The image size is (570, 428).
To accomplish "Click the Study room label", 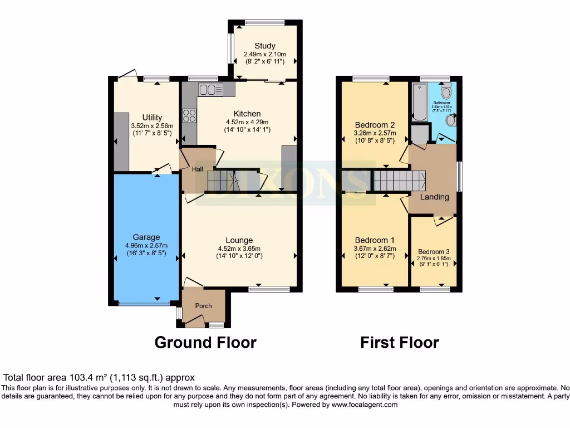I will (265, 46).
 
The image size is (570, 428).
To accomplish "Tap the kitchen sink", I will (210, 89).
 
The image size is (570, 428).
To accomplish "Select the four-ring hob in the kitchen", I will (189, 115).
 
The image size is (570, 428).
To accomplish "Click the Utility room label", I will (152, 117).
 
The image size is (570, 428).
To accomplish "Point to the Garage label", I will (146, 237).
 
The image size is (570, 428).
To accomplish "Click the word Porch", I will (204, 306).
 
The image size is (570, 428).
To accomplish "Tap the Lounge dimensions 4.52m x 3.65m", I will (239, 249).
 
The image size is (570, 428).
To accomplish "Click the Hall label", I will (198, 169).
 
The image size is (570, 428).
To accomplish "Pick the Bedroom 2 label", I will (375, 125).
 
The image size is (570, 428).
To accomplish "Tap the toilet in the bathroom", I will (446, 91).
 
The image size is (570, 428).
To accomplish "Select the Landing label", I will (434, 197).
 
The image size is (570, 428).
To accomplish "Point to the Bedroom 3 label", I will (433, 251).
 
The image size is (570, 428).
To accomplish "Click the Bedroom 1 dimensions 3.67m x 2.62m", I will (375, 249).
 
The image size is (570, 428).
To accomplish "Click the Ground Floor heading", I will (205, 342).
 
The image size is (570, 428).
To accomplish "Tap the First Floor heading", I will (399, 342).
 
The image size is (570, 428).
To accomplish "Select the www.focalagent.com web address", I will (365, 405).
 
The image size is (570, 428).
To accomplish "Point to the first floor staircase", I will (399, 181).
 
